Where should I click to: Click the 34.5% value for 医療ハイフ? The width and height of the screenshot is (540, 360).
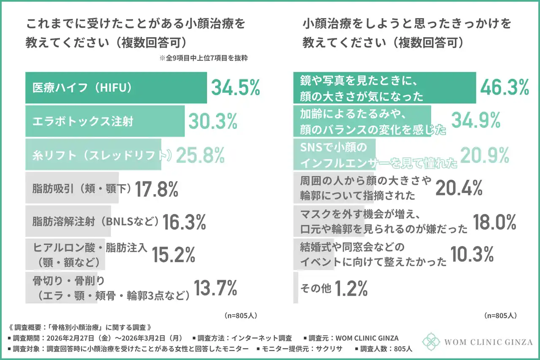[x=235, y=87]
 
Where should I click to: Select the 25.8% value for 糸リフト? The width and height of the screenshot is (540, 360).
[x=200, y=156]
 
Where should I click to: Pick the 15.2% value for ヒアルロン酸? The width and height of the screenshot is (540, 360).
[x=173, y=254]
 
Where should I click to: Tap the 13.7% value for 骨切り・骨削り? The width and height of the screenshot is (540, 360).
[x=215, y=289]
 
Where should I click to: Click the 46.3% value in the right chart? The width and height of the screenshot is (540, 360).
[x=505, y=87]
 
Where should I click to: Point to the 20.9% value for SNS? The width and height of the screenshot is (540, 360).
[x=484, y=156]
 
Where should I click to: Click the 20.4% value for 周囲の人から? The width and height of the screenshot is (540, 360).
[x=459, y=188]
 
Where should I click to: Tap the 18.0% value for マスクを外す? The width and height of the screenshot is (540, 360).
[x=494, y=222]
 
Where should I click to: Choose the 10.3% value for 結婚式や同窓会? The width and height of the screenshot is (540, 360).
[x=472, y=254]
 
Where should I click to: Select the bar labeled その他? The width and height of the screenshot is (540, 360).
[x=296, y=288]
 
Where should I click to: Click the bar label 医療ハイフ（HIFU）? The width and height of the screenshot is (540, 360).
[x=83, y=87]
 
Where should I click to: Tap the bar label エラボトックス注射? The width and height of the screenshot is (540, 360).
[x=83, y=122]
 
